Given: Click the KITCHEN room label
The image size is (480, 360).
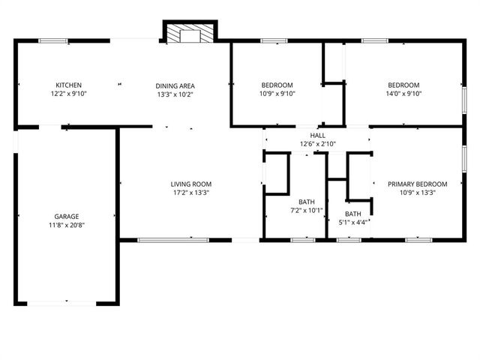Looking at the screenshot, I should coord(68,85).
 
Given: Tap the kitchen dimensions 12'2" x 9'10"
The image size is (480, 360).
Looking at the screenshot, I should coord(68,94).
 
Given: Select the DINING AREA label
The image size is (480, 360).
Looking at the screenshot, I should coord(174,85).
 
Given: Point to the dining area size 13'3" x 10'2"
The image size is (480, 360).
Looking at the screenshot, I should coord(174,94).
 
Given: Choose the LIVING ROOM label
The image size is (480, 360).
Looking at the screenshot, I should coord(190,184).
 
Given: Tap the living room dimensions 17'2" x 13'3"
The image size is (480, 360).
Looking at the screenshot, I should coord(190,193).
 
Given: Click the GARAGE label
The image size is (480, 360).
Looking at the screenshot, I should coord(66,217).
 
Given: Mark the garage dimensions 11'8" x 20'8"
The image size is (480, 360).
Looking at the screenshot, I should coord(66,226).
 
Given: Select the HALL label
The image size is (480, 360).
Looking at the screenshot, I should coord(318,134).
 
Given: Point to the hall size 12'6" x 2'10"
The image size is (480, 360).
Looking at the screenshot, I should coord(318,143).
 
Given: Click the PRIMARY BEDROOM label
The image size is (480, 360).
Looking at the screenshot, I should coord(417,184).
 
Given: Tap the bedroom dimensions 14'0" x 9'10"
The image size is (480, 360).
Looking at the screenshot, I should coord(403,94).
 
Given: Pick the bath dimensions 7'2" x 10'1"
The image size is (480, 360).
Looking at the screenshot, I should coord(307,211).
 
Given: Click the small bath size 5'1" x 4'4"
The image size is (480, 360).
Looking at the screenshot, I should coord(352,222).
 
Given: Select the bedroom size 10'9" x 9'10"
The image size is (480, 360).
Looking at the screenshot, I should coord(277,94).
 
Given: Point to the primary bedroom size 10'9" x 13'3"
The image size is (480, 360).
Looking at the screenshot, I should coord(417,193).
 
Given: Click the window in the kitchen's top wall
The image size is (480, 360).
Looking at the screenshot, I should coord(53,40).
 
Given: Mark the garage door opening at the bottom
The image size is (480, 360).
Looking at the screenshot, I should coord(66,302).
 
